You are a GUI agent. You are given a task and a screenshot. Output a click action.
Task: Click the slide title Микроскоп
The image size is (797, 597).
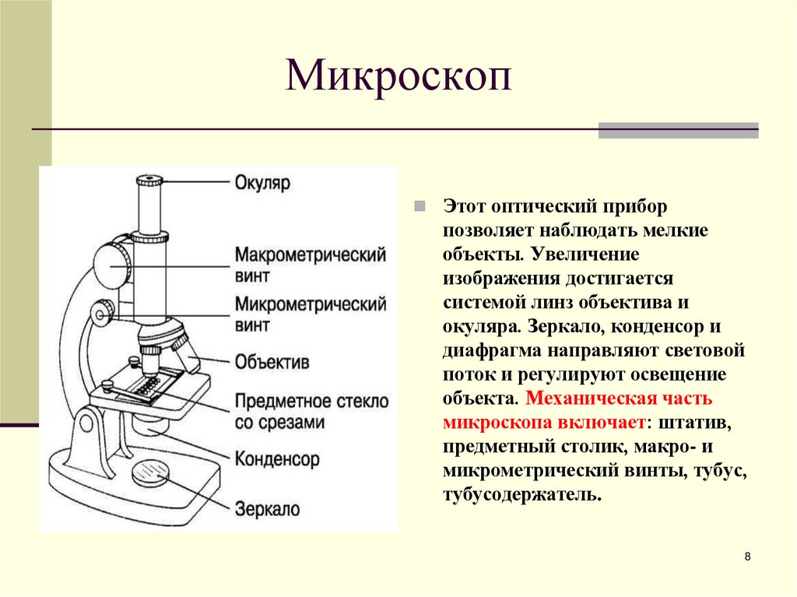[x=398, y=78]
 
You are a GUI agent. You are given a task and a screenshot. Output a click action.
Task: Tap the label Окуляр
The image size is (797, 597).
[x=262, y=184]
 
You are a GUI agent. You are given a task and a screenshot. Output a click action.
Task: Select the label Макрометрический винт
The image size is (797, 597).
[x=311, y=265]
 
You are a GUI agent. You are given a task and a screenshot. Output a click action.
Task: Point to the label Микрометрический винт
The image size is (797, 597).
[x=311, y=313]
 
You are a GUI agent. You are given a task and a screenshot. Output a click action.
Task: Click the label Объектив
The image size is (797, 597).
[x=272, y=362]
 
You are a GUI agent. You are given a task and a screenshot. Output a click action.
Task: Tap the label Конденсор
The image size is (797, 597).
[x=277, y=459]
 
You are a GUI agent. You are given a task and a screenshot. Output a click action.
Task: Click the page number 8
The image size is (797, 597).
[x=747, y=557]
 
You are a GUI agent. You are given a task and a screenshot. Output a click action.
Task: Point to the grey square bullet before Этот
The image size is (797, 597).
[x=419, y=206]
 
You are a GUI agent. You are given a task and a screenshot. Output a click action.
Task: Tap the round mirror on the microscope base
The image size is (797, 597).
[x=150, y=472]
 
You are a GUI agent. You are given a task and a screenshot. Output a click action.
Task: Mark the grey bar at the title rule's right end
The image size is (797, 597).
[x=678, y=130]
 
